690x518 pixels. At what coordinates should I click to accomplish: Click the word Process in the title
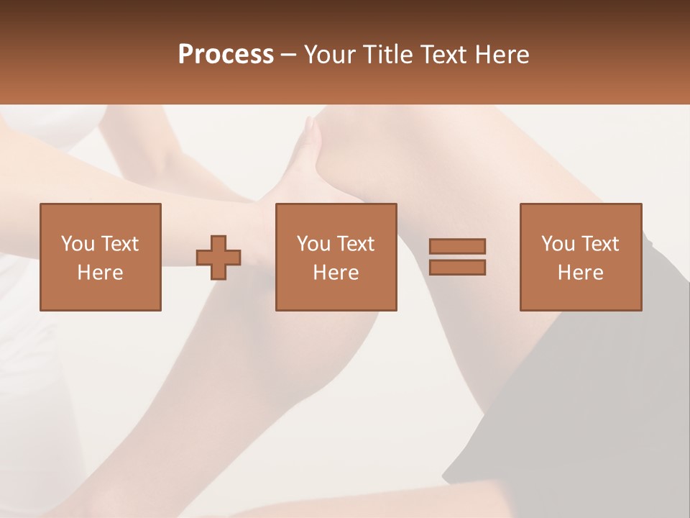226,55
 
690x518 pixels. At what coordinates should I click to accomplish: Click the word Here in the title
500,55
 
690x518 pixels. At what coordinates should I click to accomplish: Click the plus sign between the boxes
218,257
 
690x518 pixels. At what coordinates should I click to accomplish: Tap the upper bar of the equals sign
457,246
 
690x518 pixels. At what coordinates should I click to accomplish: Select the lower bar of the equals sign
457,267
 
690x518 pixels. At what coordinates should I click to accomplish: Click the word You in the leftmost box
78,244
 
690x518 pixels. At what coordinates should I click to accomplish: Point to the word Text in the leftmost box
119,244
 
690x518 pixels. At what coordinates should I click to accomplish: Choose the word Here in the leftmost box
100,273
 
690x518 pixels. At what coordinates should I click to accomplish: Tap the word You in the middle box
313,244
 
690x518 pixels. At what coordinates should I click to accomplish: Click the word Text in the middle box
355,244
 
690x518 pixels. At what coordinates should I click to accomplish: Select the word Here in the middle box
336,273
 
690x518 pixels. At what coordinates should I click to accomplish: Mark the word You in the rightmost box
558,244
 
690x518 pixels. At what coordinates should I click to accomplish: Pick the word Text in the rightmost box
599,244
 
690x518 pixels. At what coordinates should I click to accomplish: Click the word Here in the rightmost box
580,273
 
